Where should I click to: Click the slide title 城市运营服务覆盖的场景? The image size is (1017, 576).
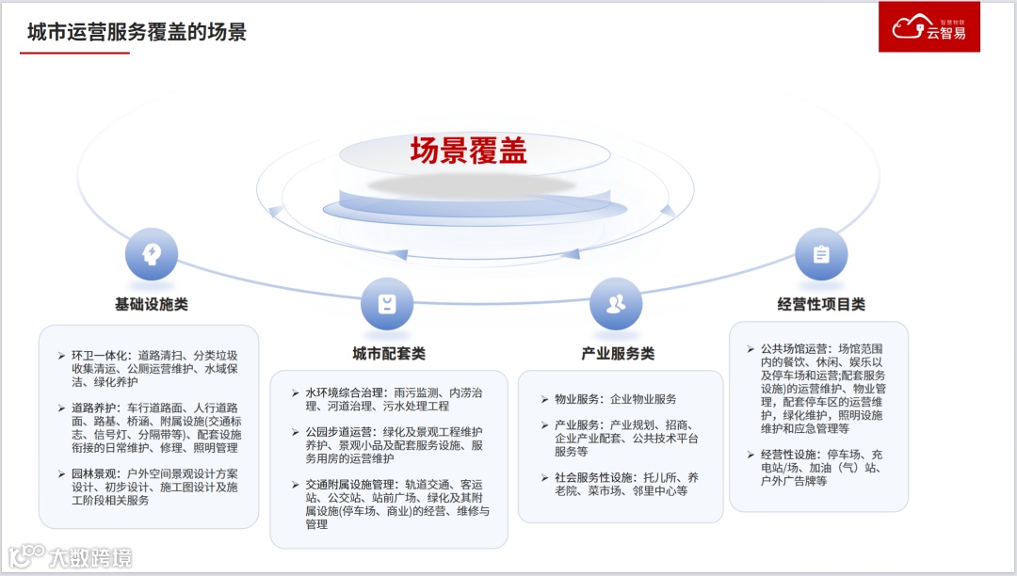click(137, 32)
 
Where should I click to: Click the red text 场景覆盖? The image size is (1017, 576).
click(468, 151)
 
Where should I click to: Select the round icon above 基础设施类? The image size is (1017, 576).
click(151, 254)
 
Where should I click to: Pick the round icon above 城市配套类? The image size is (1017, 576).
click(387, 304)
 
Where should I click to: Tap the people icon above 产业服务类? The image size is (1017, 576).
click(616, 303)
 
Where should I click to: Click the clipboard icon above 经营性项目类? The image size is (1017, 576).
click(821, 254)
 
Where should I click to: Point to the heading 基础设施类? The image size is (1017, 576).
click(151, 305)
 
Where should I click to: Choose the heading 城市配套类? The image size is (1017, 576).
click(388, 354)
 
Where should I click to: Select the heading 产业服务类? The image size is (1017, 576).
click(618, 354)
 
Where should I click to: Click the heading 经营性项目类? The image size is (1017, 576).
click(820, 305)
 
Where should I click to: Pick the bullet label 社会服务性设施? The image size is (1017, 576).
click(591, 477)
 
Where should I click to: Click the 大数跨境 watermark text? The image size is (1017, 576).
click(90, 557)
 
